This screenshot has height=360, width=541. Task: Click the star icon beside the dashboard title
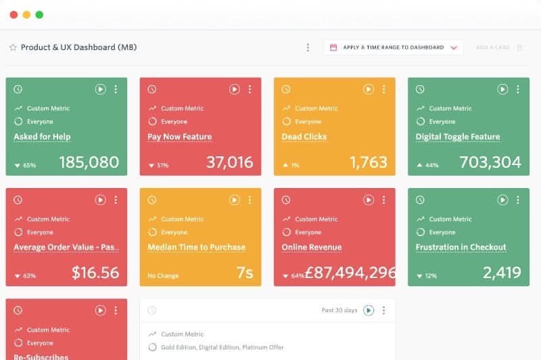point(13,48)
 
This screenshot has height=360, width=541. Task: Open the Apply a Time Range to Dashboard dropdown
point(393,47)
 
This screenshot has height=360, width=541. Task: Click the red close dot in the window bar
point(14,14)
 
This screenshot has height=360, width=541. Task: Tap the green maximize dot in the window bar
point(39,14)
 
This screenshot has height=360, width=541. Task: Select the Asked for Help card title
point(42,137)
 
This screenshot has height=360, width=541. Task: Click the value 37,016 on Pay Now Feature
point(230,162)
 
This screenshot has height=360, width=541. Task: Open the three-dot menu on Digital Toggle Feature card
point(518,89)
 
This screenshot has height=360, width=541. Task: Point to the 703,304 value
point(490,162)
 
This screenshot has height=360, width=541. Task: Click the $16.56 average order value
point(95,273)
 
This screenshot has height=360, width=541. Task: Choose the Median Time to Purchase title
point(196,248)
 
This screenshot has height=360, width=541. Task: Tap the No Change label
point(162,276)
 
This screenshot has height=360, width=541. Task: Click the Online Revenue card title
point(312,248)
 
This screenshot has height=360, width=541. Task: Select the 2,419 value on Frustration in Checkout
point(502,273)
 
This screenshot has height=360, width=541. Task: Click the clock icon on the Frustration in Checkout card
point(420,200)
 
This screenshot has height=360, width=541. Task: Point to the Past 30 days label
point(339,311)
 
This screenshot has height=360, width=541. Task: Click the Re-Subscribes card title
point(41,357)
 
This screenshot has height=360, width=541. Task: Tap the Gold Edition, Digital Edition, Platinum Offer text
point(222,347)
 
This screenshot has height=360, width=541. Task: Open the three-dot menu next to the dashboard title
point(308,47)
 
